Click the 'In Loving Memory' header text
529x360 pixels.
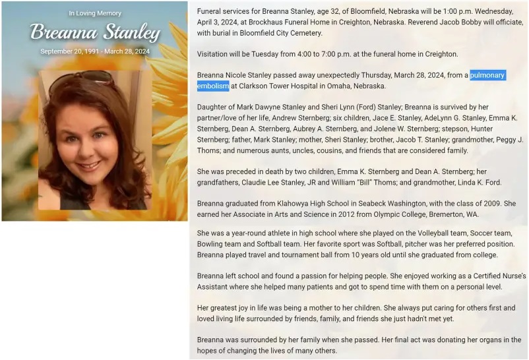pos(95,13)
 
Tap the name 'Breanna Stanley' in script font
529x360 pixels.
pos(95,32)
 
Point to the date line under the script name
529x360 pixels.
pos(95,51)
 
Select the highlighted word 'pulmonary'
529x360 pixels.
pos(487,75)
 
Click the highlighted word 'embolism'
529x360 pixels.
pos(213,86)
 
